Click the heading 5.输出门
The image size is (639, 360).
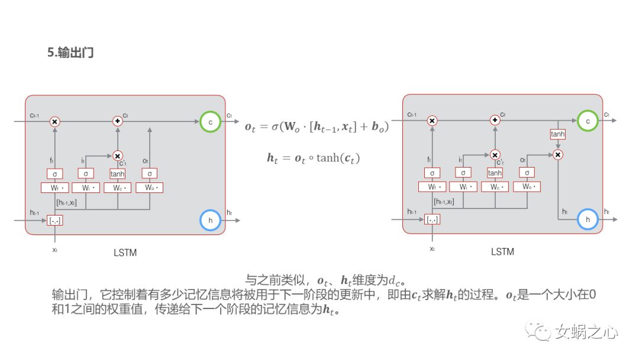[x=70, y=53]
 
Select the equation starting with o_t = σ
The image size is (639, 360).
[x=317, y=127]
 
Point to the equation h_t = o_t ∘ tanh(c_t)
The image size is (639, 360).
[x=313, y=158]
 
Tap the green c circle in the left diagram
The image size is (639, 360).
[x=209, y=121]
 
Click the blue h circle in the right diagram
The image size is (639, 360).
[x=587, y=219]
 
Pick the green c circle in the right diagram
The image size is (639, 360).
[x=587, y=121]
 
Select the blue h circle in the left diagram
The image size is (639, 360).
[x=209, y=220]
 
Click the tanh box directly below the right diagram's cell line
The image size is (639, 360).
[x=557, y=134]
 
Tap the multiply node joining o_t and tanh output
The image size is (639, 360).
[x=557, y=155]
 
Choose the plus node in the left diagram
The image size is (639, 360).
[x=117, y=121]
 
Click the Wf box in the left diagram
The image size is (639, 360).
[x=54, y=188]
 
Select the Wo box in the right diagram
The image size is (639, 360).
[x=527, y=187]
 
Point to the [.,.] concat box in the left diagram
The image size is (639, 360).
[x=54, y=220]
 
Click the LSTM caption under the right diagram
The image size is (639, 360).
[x=502, y=252]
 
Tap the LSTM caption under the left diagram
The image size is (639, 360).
[x=125, y=252]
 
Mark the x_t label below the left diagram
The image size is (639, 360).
[x=54, y=249]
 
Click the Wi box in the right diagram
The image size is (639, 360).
[x=463, y=187]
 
